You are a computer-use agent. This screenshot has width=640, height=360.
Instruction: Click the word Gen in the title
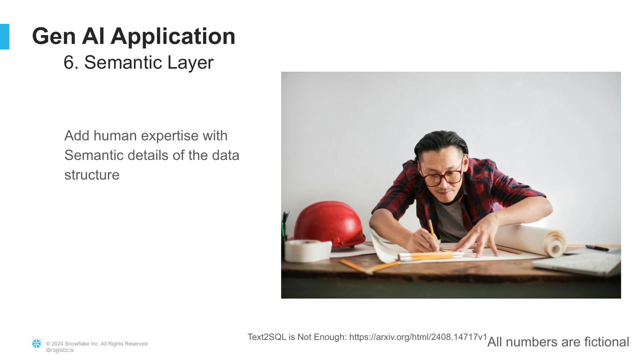tap(54, 36)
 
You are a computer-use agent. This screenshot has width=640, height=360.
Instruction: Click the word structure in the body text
tap(92, 175)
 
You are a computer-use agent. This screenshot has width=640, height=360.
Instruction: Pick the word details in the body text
tap(148, 155)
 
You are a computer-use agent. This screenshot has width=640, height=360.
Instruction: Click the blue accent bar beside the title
tap(5, 37)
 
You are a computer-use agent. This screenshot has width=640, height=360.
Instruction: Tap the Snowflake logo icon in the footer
tap(37, 344)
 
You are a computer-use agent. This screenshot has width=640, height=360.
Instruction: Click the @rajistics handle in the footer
tap(60, 350)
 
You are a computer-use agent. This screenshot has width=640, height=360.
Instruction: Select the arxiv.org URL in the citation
tap(418, 337)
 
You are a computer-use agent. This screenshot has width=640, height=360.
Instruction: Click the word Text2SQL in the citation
tap(267, 337)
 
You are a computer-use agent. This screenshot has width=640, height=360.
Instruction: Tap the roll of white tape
tap(308, 250)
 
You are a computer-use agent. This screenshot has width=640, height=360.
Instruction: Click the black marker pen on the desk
tap(597, 248)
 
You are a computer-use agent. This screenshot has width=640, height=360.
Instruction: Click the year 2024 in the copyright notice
tap(57, 344)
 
